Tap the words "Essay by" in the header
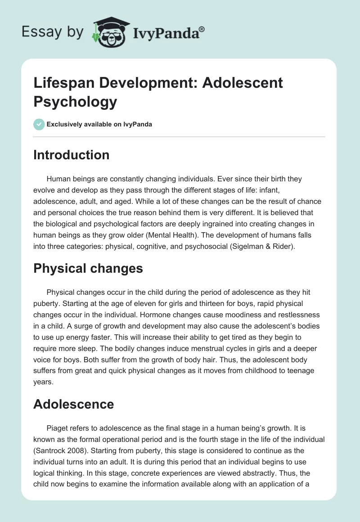pyautogui.click(x=53, y=32)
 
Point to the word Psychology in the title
pyautogui.click(x=75, y=102)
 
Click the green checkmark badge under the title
pyautogui.click(x=39, y=124)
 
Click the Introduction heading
pyautogui.click(x=72, y=155)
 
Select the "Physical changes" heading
pyautogui.click(x=88, y=269)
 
